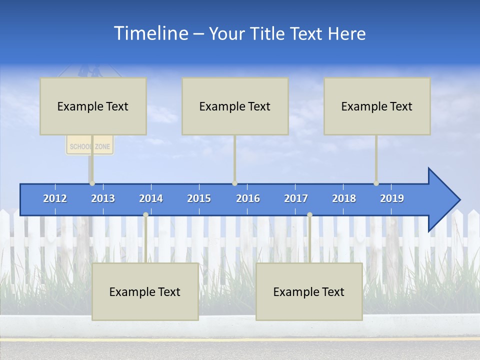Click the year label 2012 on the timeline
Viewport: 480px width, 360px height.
(55, 198)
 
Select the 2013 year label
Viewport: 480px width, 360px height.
(103, 198)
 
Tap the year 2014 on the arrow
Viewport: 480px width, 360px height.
(151, 198)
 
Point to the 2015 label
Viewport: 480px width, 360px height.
(199, 198)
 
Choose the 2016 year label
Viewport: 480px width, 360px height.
(248, 198)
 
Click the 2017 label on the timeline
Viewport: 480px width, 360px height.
(296, 198)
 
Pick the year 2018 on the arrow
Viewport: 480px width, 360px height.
(344, 198)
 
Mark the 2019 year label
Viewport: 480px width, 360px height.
(392, 198)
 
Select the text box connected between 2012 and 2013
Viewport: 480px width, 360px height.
(93, 106)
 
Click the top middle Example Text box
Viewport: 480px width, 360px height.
(235, 106)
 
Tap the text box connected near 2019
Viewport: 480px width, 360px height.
(377, 106)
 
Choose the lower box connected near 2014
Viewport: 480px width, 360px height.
(145, 291)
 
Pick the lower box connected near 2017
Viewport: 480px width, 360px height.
(309, 291)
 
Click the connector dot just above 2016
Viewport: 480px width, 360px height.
(235, 183)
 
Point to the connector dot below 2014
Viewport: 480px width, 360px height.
(145, 215)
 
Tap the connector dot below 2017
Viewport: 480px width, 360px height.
(309, 215)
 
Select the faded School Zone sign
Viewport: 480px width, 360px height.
(90, 146)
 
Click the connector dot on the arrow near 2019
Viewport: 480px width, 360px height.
(376, 183)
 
